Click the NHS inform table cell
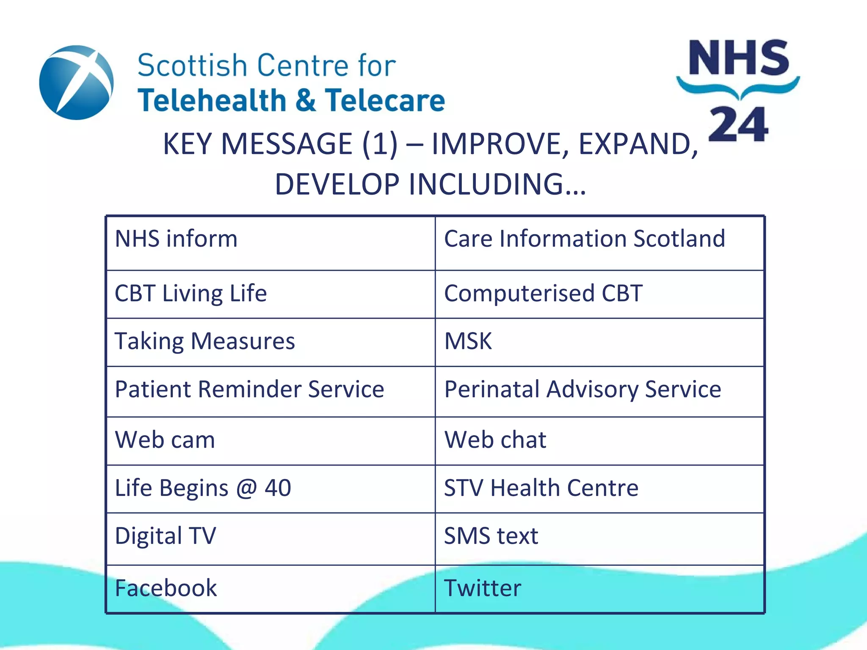[271, 243]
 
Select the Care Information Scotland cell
[599, 243]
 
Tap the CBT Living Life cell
[271, 294]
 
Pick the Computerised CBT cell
[599, 294]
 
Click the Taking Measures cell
[271, 342]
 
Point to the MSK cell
[599, 342]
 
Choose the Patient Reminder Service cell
[271, 391]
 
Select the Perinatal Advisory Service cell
[599, 391]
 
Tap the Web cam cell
[271, 441]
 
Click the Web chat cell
[599, 441]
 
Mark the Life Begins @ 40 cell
[271, 489]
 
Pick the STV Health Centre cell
[599, 489]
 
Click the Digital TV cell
[271, 538]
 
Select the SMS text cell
[599, 538]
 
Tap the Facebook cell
[271, 588]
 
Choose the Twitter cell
[599, 588]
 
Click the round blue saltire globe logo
[76, 83]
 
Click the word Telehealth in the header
[212, 101]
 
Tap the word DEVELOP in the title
[337, 185]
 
